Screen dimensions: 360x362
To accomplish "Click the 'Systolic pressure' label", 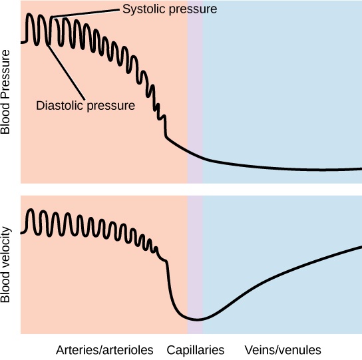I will click(170, 9).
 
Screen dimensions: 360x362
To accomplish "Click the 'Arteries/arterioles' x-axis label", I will click(104, 349).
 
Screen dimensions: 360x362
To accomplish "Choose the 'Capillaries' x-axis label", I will click(195, 349).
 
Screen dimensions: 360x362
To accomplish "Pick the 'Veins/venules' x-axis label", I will click(283, 349).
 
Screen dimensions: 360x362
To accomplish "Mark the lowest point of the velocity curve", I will click(196, 319).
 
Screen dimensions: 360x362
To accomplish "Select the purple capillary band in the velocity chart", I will click(195, 266).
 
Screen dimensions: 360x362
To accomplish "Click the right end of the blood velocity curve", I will click(360, 246).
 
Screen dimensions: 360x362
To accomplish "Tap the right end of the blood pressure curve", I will click(360, 168).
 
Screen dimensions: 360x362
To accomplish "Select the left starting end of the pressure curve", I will click(23, 42).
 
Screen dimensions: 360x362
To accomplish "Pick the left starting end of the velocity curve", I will click(23, 233).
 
